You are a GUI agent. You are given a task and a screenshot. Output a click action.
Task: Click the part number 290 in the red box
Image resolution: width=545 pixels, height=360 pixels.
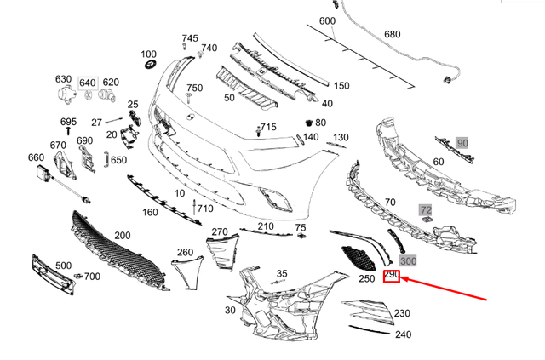click(x=392, y=276)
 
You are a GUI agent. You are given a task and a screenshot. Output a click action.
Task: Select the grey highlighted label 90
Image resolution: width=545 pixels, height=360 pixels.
click(x=462, y=143)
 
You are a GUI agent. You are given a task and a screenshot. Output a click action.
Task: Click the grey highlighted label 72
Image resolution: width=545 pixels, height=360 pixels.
click(x=426, y=209)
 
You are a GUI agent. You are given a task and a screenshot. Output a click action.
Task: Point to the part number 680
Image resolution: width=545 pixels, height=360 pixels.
click(x=392, y=35)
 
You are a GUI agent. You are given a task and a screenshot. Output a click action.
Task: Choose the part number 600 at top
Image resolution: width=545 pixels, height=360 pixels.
click(x=327, y=20)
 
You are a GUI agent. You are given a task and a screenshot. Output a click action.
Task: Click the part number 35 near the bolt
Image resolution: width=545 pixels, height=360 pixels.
click(x=282, y=273)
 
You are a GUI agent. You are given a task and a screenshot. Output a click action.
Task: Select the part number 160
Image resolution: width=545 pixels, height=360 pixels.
click(x=150, y=213)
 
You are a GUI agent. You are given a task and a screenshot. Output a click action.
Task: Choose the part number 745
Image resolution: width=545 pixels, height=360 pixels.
click(x=189, y=38)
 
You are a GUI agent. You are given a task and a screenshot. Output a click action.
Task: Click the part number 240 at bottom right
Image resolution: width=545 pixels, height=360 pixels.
click(x=403, y=334)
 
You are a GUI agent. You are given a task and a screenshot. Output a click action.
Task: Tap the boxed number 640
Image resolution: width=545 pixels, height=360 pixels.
click(x=88, y=83)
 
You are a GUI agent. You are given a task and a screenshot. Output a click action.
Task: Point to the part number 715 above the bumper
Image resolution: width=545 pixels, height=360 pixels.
click(x=268, y=127)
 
